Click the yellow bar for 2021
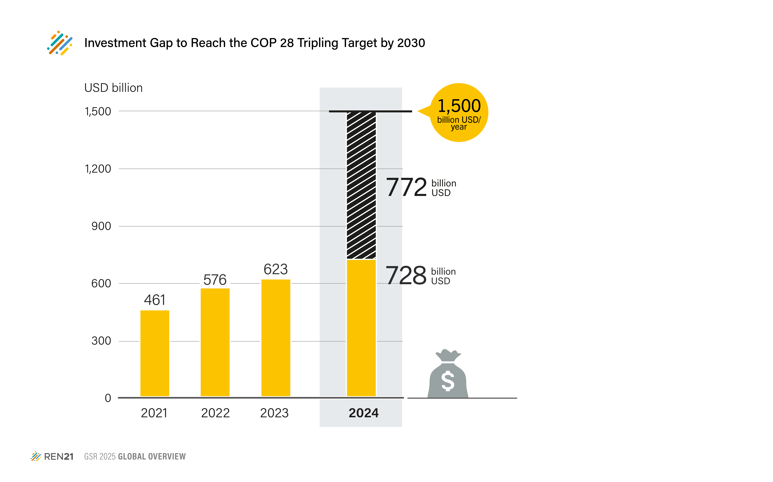tap(155, 353)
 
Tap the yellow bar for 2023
tap(276, 338)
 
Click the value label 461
tap(155, 300)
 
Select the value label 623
tap(276, 269)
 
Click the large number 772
tap(406, 187)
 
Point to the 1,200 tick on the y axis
tap(98, 169)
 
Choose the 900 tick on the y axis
tap(101, 226)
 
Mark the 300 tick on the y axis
tap(101, 341)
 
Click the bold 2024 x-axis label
tap(364, 413)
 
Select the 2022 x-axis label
tap(215, 413)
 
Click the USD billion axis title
tap(113, 88)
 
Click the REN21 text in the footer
tap(59, 457)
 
